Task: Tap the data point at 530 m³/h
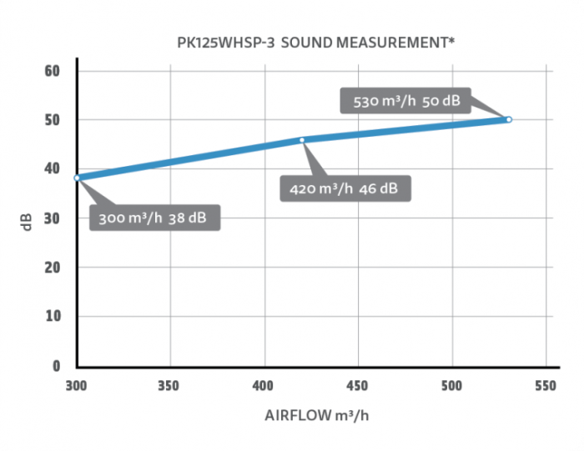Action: point(509,119)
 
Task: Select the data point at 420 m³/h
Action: point(302,139)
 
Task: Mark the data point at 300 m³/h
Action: point(77,178)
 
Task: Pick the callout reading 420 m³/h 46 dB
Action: point(345,188)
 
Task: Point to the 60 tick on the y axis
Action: point(53,71)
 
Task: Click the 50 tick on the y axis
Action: point(53,120)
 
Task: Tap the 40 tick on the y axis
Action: point(53,169)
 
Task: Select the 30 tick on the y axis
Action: point(53,218)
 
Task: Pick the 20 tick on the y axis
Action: point(53,268)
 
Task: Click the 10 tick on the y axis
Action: point(53,317)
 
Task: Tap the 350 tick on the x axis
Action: point(170,386)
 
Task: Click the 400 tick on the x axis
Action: point(264,386)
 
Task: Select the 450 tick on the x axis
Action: point(358,386)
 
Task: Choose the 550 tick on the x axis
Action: point(546,386)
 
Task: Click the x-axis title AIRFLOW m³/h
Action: point(311,417)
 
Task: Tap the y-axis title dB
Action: point(28,223)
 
